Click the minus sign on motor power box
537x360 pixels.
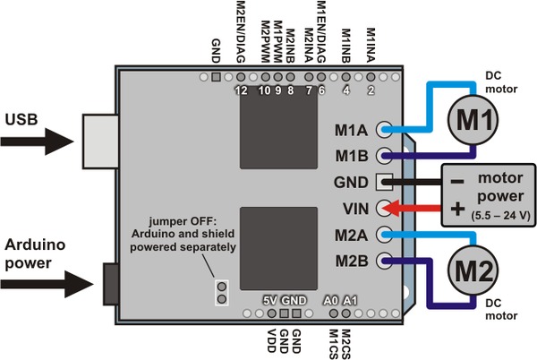(x=457, y=180)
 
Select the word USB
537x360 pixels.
(x=21, y=118)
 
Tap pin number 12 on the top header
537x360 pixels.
(x=239, y=90)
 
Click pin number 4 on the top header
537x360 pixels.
(x=345, y=90)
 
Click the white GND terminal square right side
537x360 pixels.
(x=386, y=182)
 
